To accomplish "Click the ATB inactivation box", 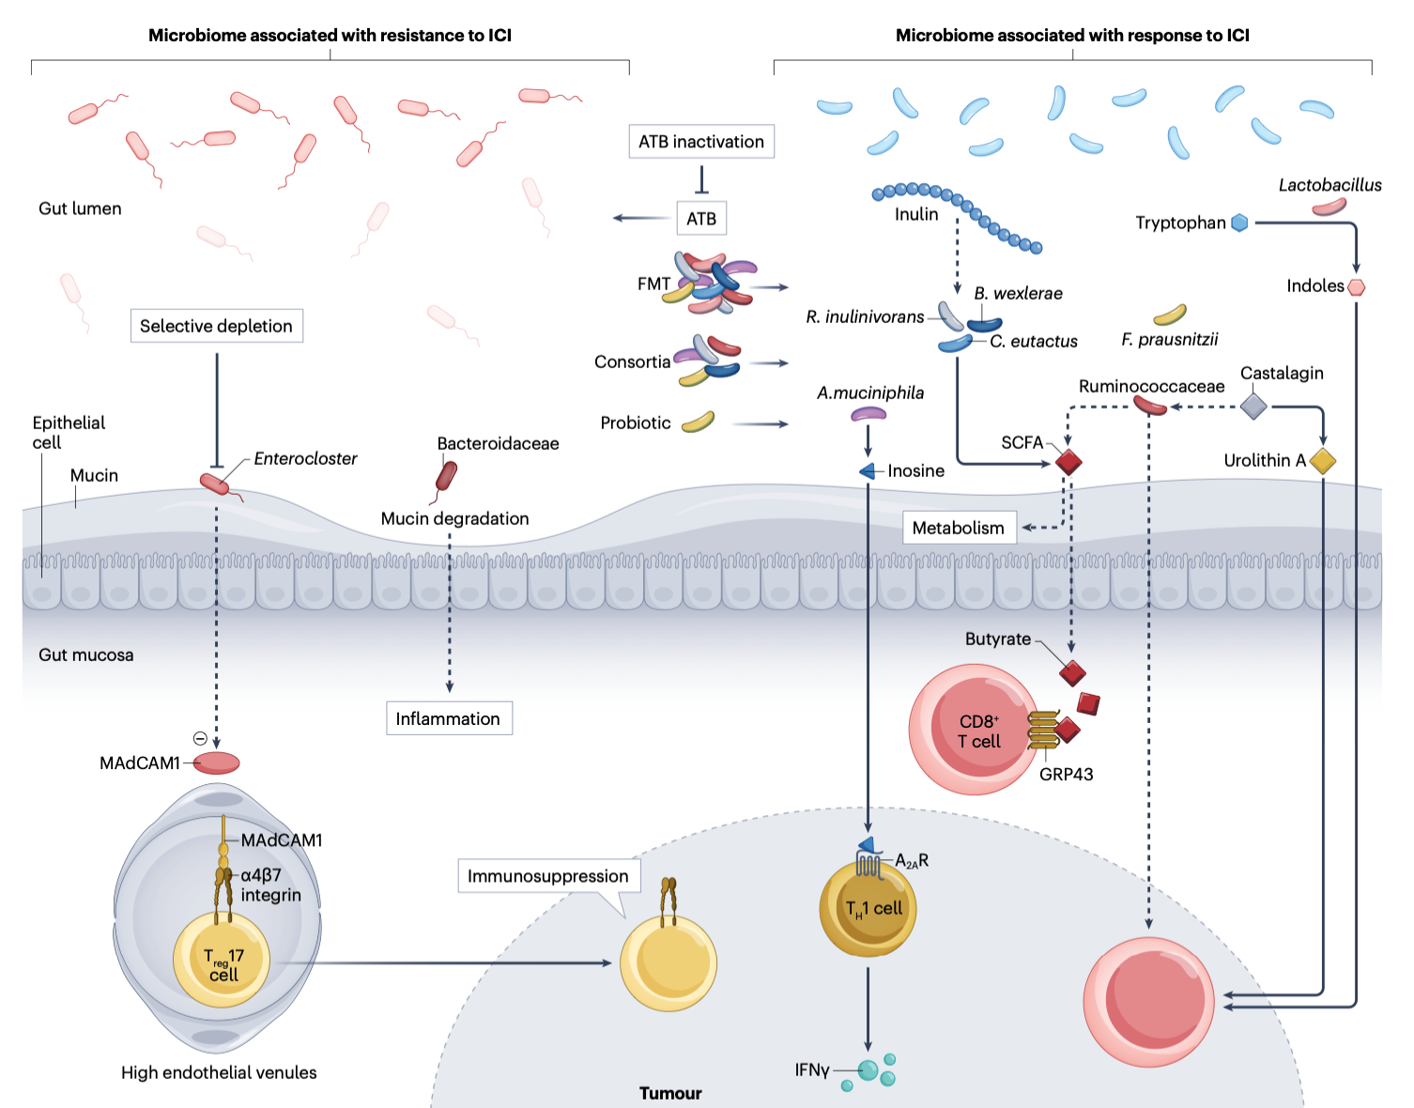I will (x=700, y=142).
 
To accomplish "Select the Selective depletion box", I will (x=216, y=326).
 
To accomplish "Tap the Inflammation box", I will (x=448, y=718).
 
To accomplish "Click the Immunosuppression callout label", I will (x=548, y=876).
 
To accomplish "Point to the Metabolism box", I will (x=958, y=528).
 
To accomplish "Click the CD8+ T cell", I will (x=976, y=731).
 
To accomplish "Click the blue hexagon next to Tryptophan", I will (x=1239, y=223).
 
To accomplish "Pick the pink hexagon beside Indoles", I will (x=1356, y=286).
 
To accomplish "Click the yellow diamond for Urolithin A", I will (x=1322, y=461).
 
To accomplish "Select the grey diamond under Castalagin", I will (x=1253, y=407).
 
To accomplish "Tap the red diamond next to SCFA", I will (x=1068, y=462).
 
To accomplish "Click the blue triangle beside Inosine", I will (x=868, y=471).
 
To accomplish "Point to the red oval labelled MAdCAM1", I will (x=217, y=762).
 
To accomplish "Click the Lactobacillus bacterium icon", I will (x=1329, y=207).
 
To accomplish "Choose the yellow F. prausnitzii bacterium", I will (x=1169, y=315).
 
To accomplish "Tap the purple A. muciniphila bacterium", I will (x=868, y=414).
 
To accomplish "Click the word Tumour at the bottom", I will (x=670, y=1093).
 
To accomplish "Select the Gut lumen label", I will (x=80, y=208).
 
